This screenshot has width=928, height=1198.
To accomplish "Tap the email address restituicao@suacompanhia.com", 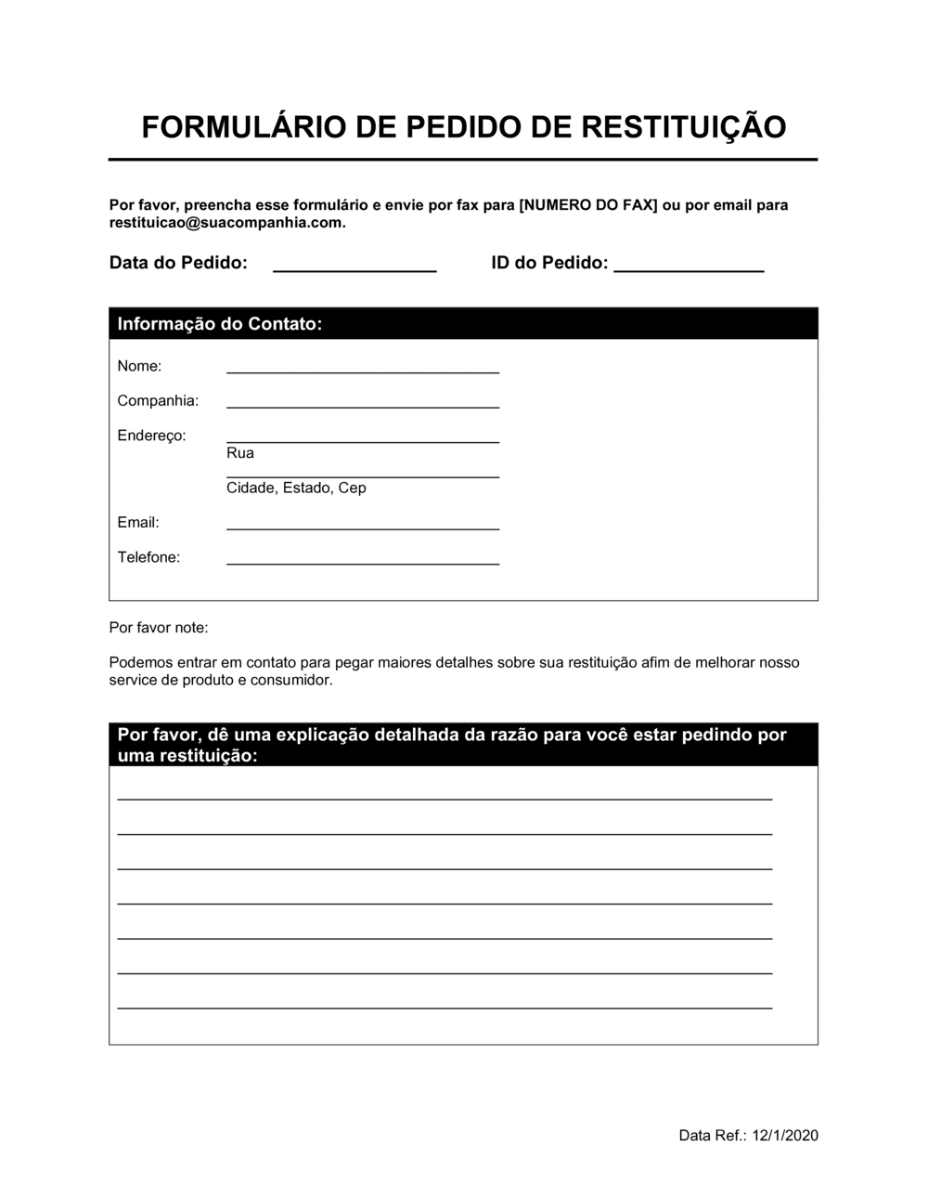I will click(226, 223).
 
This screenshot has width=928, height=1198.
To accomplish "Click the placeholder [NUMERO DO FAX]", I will click(588, 205).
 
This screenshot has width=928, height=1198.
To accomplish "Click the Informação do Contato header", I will click(220, 324).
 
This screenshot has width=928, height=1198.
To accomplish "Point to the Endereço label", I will click(151, 436).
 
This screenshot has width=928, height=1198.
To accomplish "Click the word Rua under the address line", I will click(239, 453).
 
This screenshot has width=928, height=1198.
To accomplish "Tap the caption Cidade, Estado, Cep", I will click(296, 488).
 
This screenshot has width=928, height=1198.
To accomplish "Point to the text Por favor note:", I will click(159, 628).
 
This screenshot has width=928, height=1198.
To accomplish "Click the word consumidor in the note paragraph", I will click(290, 681).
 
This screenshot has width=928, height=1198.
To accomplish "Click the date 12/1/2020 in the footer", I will click(786, 1135).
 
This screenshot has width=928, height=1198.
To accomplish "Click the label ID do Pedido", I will click(549, 263).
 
